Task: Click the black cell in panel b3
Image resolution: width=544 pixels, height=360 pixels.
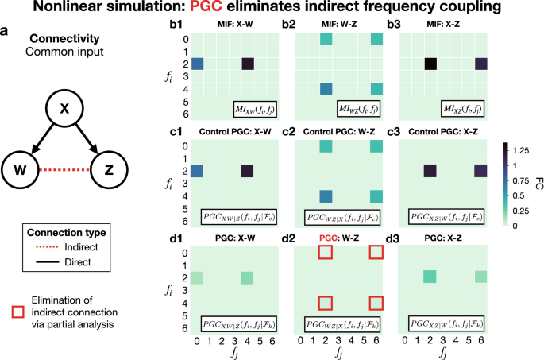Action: [x=430, y=64]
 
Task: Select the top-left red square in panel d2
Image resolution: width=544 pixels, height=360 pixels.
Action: [x=325, y=252]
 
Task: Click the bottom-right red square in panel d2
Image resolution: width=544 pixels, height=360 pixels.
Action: [x=376, y=302]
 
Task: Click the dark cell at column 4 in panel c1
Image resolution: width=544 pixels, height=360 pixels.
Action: [x=248, y=170]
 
